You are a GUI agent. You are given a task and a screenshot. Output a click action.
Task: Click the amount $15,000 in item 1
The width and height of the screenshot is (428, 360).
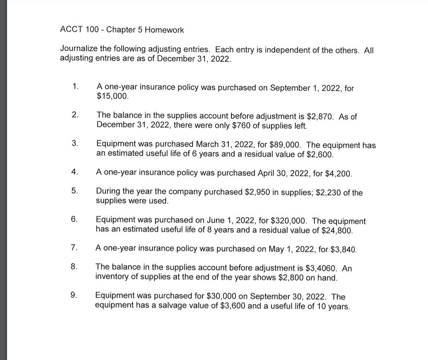pyautogui.click(x=112, y=97)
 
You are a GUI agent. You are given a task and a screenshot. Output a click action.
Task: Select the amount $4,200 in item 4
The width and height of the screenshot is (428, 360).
pyautogui.click(x=338, y=173)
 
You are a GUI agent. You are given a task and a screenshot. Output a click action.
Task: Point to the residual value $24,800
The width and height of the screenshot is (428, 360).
pyautogui.click(x=338, y=230)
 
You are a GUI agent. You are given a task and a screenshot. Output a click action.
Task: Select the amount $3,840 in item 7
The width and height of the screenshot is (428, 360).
pyautogui.click(x=343, y=249)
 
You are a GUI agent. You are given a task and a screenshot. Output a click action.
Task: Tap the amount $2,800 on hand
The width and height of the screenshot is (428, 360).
pyautogui.click(x=289, y=277)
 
